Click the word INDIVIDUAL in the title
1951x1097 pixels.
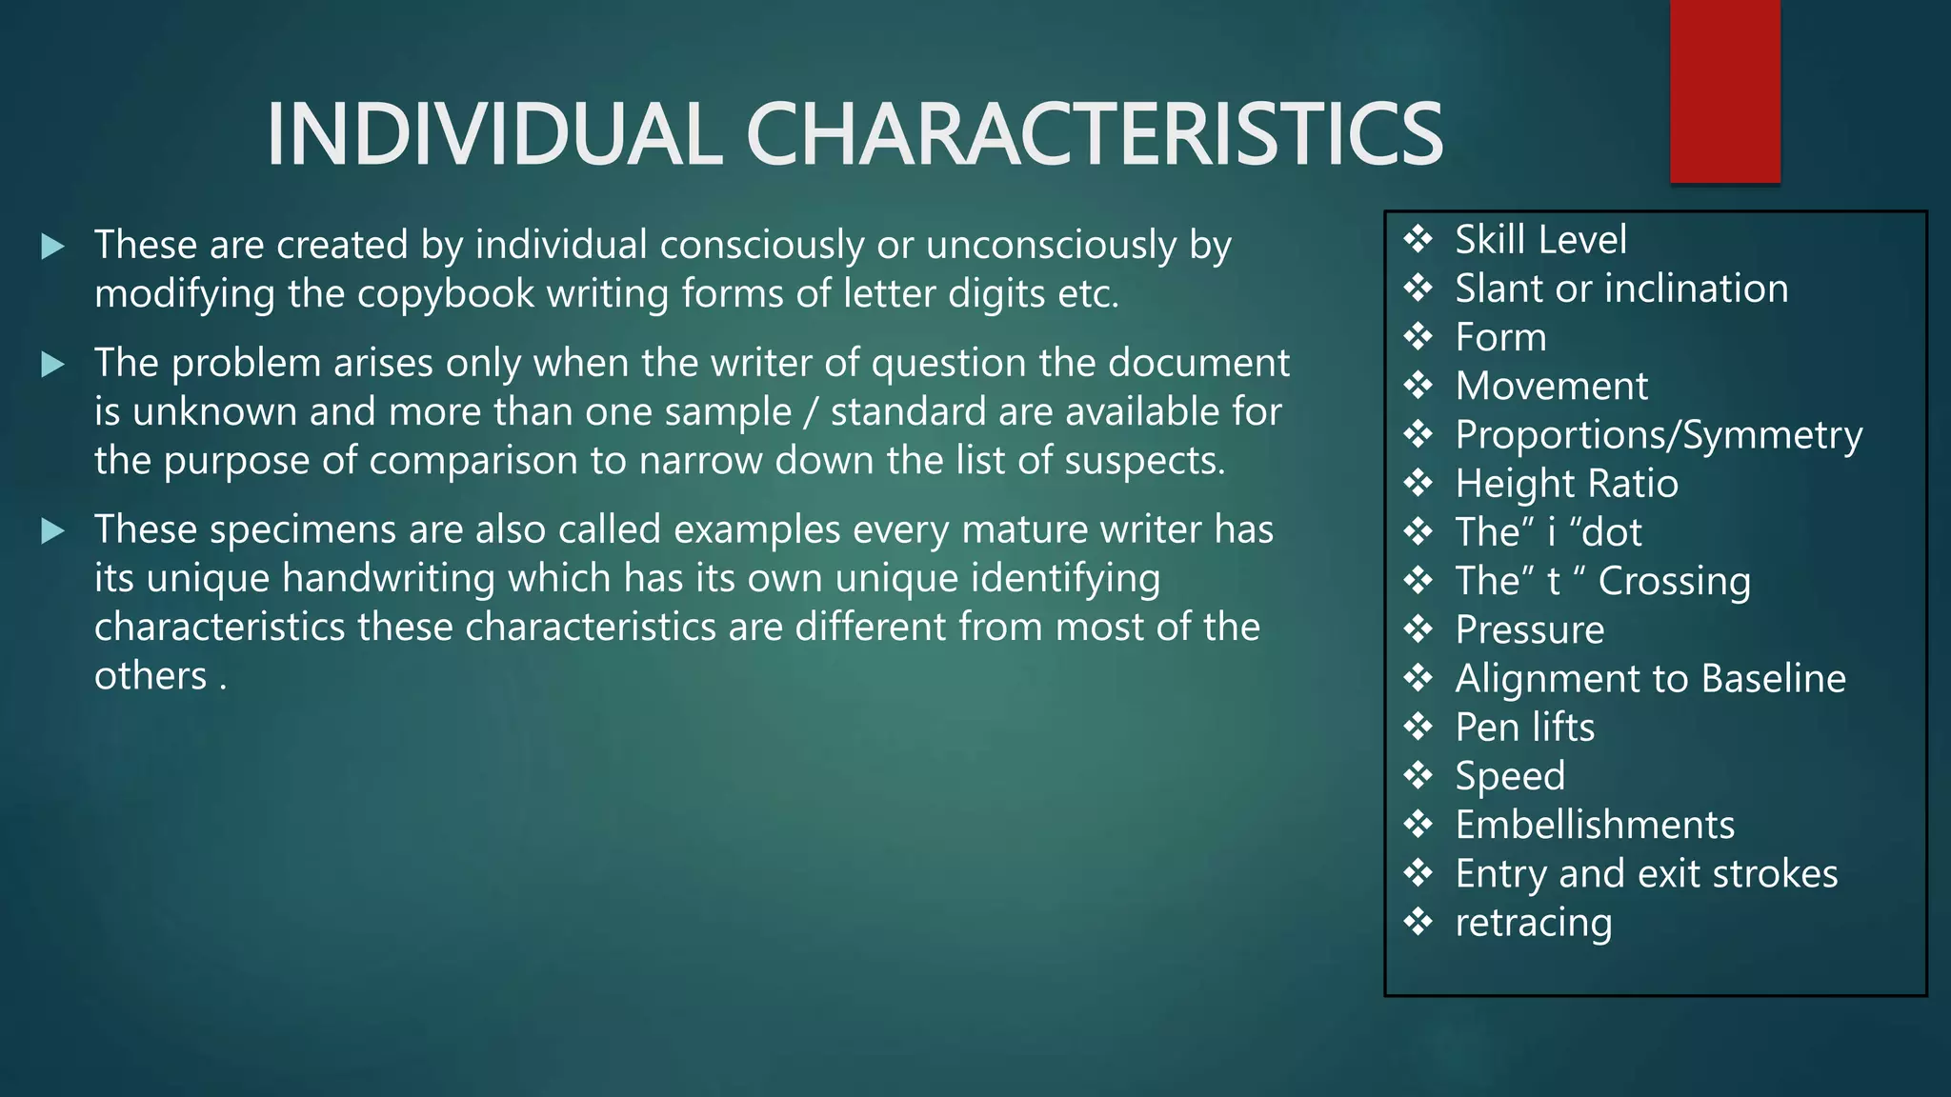(x=493, y=134)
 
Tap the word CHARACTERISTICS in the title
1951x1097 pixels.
(x=1094, y=134)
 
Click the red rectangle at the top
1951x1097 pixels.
(x=1724, y=91)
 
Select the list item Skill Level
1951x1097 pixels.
(x=1540, y=239)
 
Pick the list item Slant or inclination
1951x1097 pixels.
(x=1621, y=289)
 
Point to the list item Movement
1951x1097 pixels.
(x=1551, y=386)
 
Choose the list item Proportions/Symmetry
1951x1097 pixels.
(x=1659, y=435)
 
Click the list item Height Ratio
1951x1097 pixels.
(x=1566, y=484)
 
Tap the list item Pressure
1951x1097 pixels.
(x=1530, y=629)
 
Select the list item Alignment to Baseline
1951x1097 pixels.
(x=1650, y=678)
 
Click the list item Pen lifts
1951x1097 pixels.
(x=1524, y=728)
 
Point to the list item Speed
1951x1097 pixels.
(x=1510, y=776)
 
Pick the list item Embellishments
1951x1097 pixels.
(x=1595, y=825)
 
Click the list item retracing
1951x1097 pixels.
(x=1534, y=923)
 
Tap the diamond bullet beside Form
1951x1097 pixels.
(x=1418, y=337)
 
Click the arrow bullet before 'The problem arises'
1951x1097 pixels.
(x=53, y=364)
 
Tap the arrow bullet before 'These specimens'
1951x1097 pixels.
(x=53, y=530)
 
